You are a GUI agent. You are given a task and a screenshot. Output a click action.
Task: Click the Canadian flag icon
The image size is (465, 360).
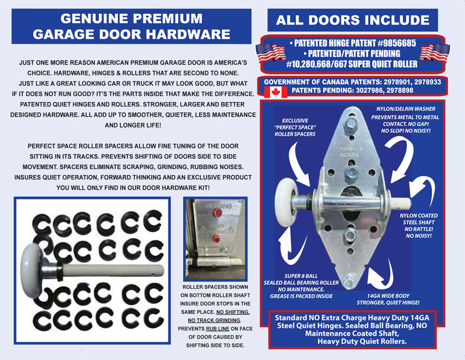tap(276, 92)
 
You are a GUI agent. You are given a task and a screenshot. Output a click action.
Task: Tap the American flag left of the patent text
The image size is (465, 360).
tap(271, 53)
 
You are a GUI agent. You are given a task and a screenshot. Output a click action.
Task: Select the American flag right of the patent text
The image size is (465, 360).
tap(435, 53)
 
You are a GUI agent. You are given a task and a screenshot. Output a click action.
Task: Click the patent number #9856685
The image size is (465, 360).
tap(397, 44)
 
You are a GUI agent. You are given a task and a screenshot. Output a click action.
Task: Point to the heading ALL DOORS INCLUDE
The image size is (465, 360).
tap(353, 20)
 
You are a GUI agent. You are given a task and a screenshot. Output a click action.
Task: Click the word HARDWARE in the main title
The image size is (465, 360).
tap(188, 34)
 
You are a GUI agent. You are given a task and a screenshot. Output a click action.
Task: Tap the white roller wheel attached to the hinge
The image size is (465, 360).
tap(286, 202)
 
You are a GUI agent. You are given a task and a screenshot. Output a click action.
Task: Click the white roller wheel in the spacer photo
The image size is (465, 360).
tap(32, 270)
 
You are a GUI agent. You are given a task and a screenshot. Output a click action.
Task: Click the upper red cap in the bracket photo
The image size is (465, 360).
tap(217, 212)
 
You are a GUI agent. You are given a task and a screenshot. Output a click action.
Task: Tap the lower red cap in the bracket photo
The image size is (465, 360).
tap(216, 238)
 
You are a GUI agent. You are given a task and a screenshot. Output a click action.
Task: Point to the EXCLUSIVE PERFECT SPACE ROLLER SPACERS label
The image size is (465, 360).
tap(295, 127)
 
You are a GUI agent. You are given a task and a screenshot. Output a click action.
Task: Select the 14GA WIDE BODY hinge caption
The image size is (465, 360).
tap(388, 299)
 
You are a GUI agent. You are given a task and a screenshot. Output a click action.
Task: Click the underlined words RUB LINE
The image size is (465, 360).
tap(217, 329)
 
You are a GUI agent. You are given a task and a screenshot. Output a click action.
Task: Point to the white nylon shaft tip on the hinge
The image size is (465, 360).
tap(401, 203)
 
